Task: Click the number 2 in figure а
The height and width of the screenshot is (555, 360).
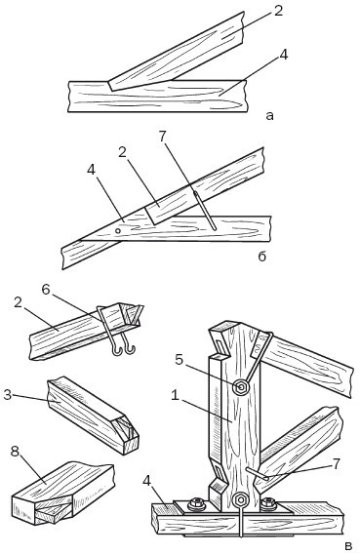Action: coord(279,12)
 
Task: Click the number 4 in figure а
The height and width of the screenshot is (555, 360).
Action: coord(283,56)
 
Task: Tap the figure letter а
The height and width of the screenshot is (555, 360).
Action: coord(269,116)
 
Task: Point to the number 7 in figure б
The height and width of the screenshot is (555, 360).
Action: coord(163,137)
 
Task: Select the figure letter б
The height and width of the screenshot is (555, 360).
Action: coord(261,256)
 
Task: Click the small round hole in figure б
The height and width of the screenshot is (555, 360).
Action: coord(118,230)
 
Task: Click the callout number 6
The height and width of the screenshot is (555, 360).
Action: coord(47,289)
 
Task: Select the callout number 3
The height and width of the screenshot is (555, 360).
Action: coord(8,394)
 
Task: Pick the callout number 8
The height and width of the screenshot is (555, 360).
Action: coord(15,452)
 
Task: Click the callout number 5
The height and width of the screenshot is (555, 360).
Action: coord(180,359)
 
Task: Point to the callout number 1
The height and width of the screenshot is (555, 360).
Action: coord(174,395)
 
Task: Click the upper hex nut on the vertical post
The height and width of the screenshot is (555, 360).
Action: coord(242,387)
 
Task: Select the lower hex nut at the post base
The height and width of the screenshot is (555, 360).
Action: coord(241,500)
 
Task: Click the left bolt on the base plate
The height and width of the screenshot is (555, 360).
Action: coord(195,503)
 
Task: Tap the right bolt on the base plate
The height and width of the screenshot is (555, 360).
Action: coord(268,503)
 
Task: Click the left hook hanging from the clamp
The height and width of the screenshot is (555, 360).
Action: coord(117,349)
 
